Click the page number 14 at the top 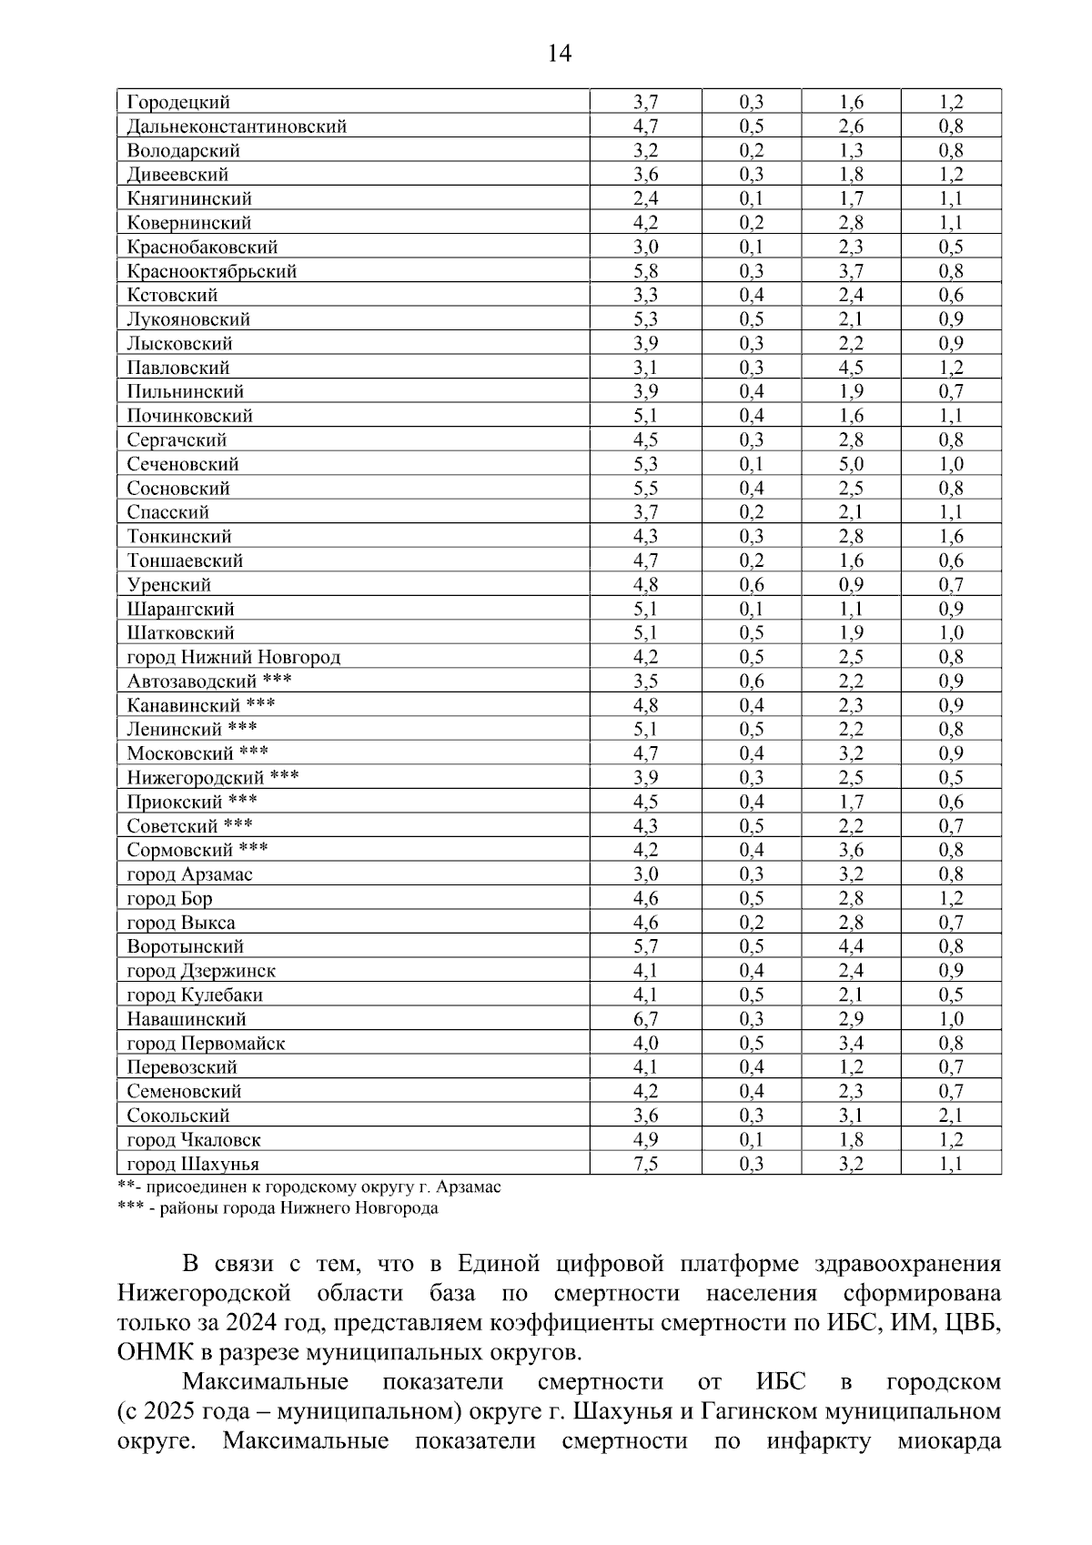[560, 54]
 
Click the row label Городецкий [178, 102]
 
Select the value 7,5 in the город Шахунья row [646, 1164]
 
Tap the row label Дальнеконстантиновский [237, 126]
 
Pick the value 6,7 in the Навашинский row [646, 1019]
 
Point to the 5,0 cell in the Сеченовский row [851, 464]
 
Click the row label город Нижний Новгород [234, 657]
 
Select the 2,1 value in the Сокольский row [951, 1116]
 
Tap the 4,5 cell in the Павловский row [851, 368]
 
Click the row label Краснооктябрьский [212, 271]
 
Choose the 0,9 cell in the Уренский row [851, 584]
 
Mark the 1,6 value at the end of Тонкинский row [951, 536]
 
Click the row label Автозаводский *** [209, 681]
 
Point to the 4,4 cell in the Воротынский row [851, 946]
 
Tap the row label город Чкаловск [194, 1140]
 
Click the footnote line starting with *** [278, 1208]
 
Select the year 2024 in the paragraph [251, 1322]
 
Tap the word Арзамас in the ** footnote [468, 1187]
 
